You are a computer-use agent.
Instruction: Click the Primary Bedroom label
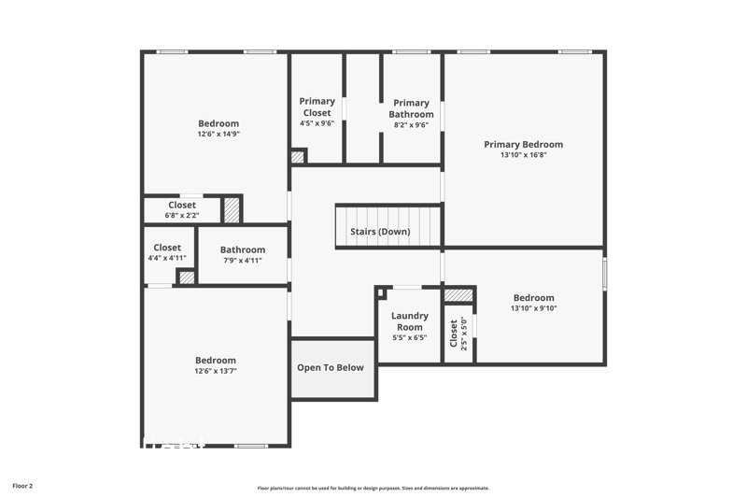pyautogui.click(x=523, y=145)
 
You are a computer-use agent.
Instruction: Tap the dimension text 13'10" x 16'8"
pyautogui.click(x=523, y=155)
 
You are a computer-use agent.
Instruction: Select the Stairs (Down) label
pyautogui.click(x=380, y=231)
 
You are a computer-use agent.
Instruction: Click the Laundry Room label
pyautogui.click(x=410, y=321)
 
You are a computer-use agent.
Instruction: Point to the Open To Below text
pyautogui.click(x=331, y=367)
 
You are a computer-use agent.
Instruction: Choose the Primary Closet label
pyautogui.click(x=317, y=107)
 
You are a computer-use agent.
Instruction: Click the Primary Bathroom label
pyautogui.click(x=411, y=108)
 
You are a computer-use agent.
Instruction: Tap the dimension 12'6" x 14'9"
pyautogui.click(x=218, y=134)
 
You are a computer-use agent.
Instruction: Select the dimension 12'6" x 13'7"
pyautogui.click(x=215, y=371)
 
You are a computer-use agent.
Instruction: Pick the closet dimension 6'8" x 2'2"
pyautogui.click(x=182, y=215)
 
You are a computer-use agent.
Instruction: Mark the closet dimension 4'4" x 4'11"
pyautogui.click(x=167, y=258)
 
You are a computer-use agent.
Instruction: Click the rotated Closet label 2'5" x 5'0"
pyautogui.click(x=454, y=334)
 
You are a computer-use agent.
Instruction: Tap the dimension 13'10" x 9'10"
pyautogui.click(x=533, y=308)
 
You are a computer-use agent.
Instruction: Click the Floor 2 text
pyautogui.click(x=22, y=486)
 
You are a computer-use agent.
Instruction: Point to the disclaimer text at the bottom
pyautogui.click(x=373, y=488)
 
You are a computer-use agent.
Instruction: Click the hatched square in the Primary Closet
pyautogui.click(x=298, y=157)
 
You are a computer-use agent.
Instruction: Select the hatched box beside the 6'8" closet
pyautogui.click(x=232, y=209)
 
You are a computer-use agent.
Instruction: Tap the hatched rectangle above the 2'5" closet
pyautogui.click(x=458, y=295)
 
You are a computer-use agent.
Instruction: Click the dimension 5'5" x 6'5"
pyautogui.click(x=409, y=337)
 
